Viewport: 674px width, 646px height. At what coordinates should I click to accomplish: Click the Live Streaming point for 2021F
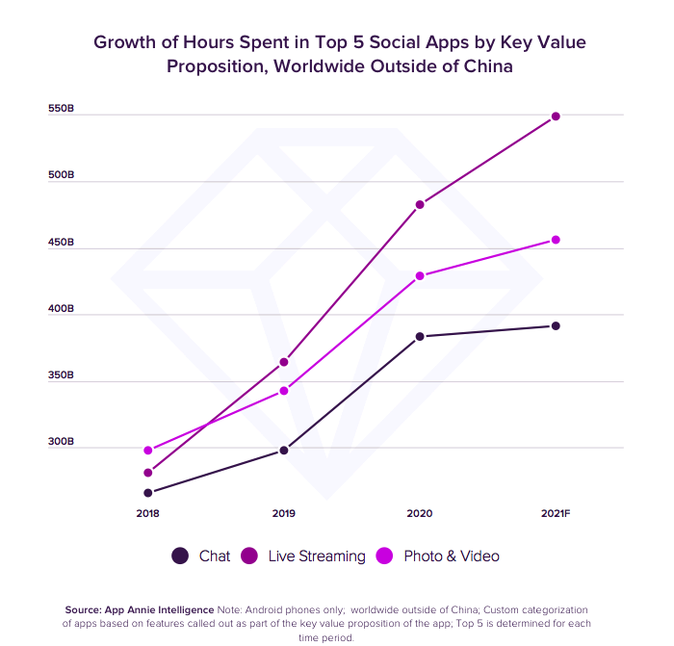click(x=556, y=116)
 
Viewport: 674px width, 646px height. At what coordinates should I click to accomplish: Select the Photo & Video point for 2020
click(x=420, y=276)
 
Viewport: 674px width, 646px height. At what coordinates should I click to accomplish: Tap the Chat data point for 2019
click(x=284, y=451)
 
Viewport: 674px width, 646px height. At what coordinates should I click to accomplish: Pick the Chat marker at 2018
click(x=148, y=493)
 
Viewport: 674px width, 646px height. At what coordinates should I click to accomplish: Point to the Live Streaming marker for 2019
click(x=284, y=362)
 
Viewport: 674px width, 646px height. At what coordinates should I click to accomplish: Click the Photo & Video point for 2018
click(x=148, y=451)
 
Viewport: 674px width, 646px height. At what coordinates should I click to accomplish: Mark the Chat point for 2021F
click(x=556, y=325)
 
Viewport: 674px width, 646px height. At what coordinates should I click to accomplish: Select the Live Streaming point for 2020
click(x=420, y=204)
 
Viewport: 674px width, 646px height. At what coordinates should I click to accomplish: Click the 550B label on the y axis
click(x=61, y=109)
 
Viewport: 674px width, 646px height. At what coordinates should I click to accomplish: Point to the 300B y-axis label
click(x=61, y=442)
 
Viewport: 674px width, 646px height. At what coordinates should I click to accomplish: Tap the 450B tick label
click(x=61, y=243)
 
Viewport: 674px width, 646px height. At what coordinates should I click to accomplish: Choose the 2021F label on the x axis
click(x=556, y=514)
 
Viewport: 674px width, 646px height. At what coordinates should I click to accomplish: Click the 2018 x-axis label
click(x=148, y=514)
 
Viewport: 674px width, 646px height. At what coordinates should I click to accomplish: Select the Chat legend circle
click(x=180, y=556)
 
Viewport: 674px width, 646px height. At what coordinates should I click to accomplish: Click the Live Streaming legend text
click(x=317, y=556)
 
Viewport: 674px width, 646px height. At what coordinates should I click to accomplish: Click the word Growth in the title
click(x=122, y=42)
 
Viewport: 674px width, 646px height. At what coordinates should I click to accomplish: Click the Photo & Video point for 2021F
click(x=556, y=240)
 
